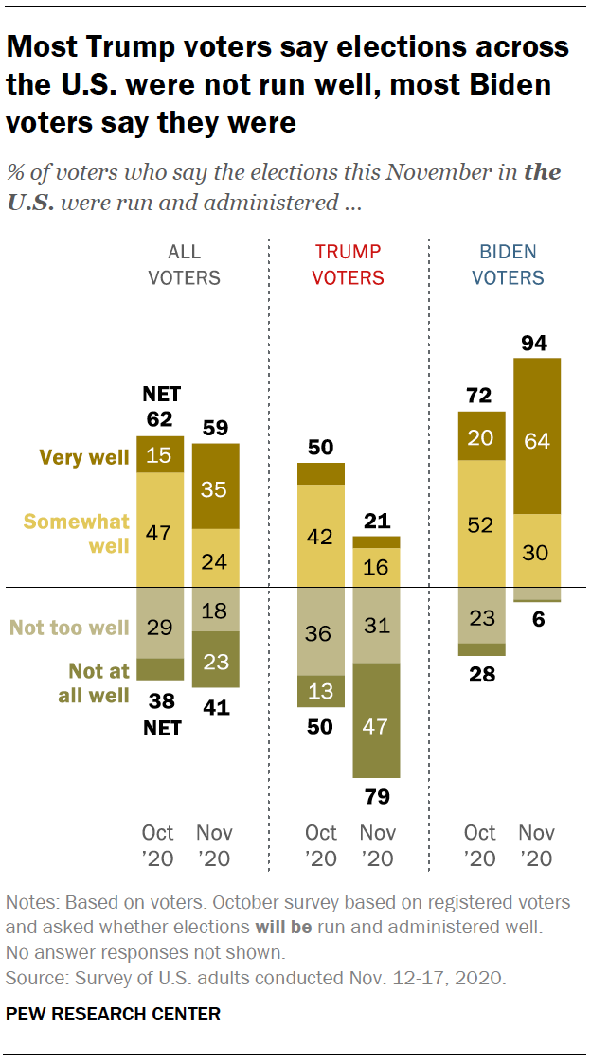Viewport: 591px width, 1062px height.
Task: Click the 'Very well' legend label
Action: point(83,457)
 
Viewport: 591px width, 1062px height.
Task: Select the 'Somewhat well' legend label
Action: point(76,533)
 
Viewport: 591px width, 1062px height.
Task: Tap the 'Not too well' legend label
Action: point(69,628)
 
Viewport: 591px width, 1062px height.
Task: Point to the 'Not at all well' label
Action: point(98,681)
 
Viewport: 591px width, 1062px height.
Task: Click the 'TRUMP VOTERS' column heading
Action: point(349,265)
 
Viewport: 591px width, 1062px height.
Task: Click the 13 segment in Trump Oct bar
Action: point(321,691)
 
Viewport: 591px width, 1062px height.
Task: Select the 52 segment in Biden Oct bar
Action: point(481,524)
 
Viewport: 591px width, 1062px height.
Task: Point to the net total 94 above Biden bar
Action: point(535,343)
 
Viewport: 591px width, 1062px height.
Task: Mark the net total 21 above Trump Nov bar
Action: point(376,520)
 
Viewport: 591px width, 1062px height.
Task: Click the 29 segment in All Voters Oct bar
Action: point(160,628)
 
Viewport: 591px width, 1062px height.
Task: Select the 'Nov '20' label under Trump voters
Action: point(376,846)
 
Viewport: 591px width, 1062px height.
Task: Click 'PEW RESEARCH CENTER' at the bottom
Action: point(113,1014)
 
